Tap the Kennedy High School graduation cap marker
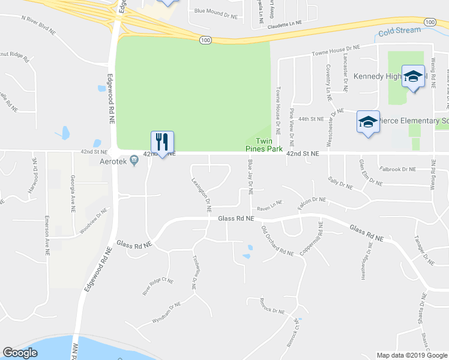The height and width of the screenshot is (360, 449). [x=413, y=77]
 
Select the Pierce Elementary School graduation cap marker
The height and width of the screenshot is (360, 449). [x=368, y=122]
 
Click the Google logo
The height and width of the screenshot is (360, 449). [x=20, y=353]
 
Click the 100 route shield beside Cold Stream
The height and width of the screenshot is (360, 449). [x=429, y=22]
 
